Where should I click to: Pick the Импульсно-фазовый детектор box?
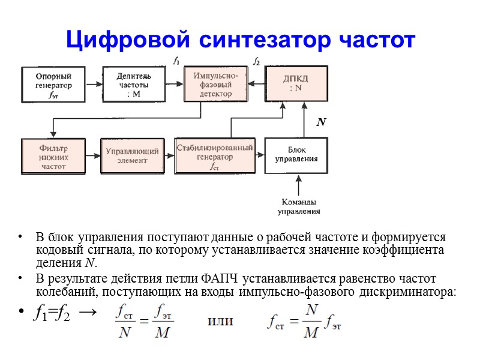click(215, 84)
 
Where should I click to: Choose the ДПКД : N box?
click(296, 83)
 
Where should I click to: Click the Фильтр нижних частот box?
click(54, 156)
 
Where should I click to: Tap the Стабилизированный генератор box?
click(214, 155)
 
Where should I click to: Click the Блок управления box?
click(296, 155)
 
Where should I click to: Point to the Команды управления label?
click(298, 206)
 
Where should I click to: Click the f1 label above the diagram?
click(176, 60)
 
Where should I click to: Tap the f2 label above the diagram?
click(256, 61)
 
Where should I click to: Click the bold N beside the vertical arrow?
click(321, 122)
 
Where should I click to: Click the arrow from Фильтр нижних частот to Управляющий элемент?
click(93, 157)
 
